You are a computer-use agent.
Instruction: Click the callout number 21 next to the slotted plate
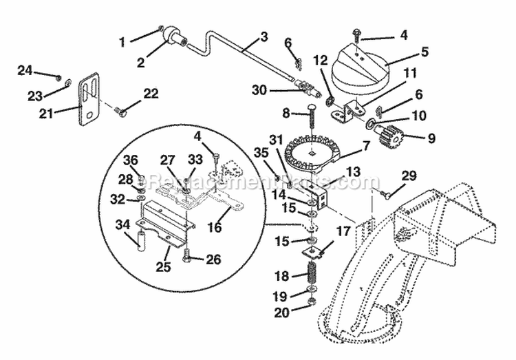[64, 108]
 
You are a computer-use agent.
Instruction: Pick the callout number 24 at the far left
[25, 70]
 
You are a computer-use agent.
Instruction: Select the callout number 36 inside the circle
[131, 160]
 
